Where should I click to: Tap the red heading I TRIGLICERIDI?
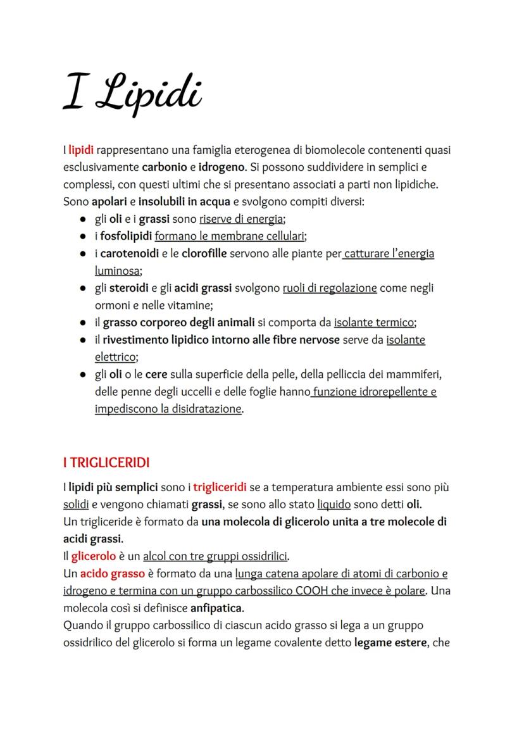pos(106,463)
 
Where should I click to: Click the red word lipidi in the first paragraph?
pos(81,151)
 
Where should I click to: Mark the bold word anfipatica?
pos(217,608)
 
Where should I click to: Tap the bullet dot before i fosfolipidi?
pos(84,237)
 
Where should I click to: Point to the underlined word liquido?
pos(334,505)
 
